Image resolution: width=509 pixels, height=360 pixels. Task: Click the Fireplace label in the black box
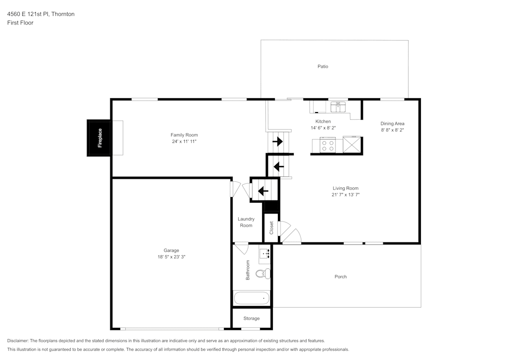click(x=100, y=137)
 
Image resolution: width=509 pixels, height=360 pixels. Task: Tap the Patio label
click(x=323, y=66)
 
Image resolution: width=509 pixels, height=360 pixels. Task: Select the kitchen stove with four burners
click(x=328, y=146)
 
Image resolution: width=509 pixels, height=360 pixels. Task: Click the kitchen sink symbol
click(x=338, y=106)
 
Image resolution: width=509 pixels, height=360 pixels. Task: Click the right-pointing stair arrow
click(x=278, y=142)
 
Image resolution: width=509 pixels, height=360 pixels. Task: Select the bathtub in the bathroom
click(x=251, y=298)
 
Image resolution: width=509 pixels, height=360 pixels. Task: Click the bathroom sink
click(x=265, y=253)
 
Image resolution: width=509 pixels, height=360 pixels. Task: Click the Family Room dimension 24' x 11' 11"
click(x=184, y=141)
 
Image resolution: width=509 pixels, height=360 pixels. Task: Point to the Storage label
click(x=251, y=318)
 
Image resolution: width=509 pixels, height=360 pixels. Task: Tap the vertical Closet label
click(x=271, y=228)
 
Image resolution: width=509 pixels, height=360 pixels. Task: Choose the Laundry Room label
click(x=246, y=222)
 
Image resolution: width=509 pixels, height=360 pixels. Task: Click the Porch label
click(x=341, y=276)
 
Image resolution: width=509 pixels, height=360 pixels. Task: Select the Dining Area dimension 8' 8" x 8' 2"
click(x=392, y=130)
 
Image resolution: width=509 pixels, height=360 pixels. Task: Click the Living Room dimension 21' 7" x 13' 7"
click(x=346, y=195)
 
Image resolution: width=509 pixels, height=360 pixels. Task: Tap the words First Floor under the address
click(x=20, y=23)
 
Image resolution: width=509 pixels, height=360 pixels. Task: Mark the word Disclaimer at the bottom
click(x=18, y=341)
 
